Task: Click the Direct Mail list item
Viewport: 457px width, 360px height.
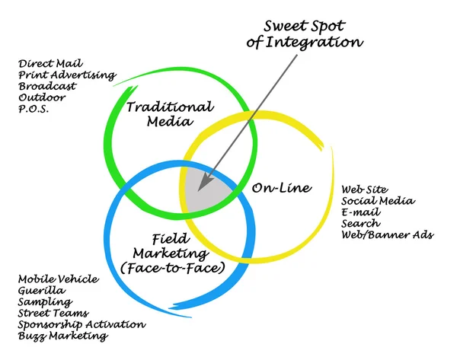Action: tap(51, 64)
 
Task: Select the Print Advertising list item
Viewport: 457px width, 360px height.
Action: tap(66, 75)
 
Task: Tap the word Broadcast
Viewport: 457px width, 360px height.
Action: tap(47, 86)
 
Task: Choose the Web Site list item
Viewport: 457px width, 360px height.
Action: tap(365, 190)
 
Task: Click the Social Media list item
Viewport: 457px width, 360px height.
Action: tap(378, 201)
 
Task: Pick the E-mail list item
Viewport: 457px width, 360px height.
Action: tap(359, 212)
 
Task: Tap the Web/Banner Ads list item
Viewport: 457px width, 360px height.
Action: tap(387, 235)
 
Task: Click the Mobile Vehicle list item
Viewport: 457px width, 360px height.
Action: tap(58, 279)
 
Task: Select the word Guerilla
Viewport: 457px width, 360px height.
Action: tap(42, 291)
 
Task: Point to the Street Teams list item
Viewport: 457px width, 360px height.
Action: tap(53, 313)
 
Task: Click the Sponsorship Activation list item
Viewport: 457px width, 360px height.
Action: tap(81, 324)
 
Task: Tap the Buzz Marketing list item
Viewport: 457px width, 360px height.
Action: tap(62, 336)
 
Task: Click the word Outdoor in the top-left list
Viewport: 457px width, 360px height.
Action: tap(43, 97)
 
